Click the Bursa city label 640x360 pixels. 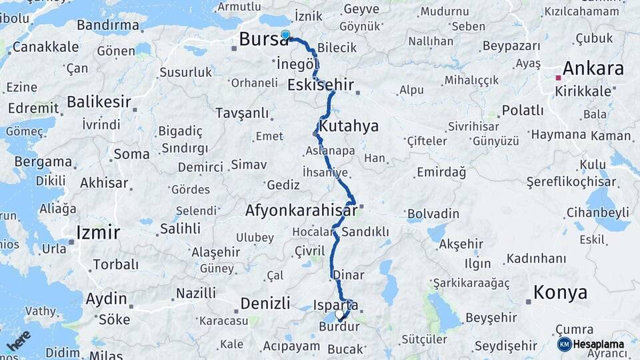coord(264,40)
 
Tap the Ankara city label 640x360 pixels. coord(593,69)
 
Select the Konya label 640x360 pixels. coord(560,293)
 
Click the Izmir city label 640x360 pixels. coord(98,233)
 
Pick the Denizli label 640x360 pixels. coord(265,303)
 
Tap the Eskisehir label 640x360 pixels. coord(320,85)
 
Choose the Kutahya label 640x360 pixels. coord(349,126)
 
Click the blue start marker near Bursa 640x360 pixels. coord(285,35)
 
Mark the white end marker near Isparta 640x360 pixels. coord(339,314)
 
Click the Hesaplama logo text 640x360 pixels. coord(598,344)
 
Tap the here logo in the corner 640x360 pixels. coord(18,340)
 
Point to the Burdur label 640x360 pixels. coord(339,327)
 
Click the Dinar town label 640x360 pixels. coord(347,275)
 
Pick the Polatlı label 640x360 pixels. coord(522,111)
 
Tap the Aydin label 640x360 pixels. coord(106,298)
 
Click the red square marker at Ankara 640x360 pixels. coord(559,78)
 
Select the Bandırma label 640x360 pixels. coord(107,25)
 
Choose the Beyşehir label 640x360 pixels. coord(491,318)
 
